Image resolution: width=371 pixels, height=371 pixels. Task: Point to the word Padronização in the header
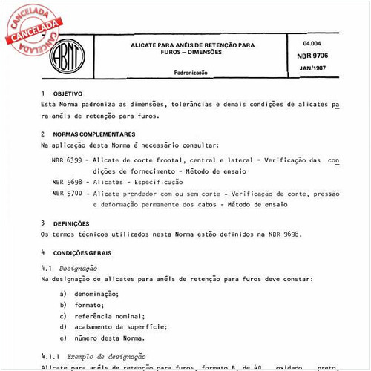tap(192, 73)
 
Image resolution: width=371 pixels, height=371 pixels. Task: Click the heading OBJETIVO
tap(68, 94)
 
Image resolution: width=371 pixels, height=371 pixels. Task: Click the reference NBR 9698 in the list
tap(67, 181)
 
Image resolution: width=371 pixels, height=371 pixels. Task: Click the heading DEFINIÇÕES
tap(71, 223)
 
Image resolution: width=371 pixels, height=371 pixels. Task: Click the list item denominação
tap(101, 294)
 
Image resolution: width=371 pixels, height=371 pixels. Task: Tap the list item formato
tap(89, 305)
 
